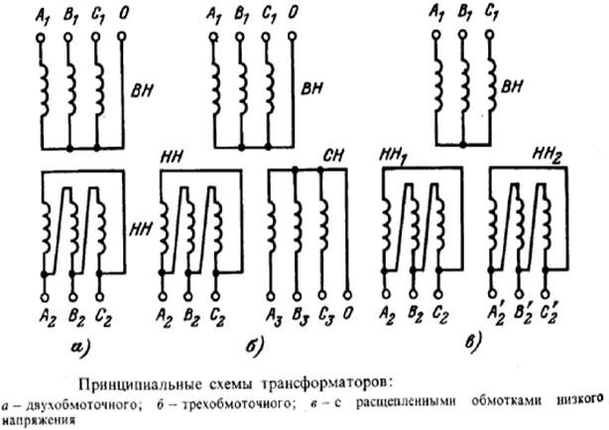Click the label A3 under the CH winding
(275, 317)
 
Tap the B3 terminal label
(301, 317)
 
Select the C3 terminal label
(325, 316)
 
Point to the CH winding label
(333, 156)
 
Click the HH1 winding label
(394, 157)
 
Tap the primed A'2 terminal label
(496, 315)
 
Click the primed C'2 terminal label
(549, 315)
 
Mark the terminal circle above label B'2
(519, 293)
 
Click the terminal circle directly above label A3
(271, 296)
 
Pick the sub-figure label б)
(254, 346)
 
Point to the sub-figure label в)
(474, 343)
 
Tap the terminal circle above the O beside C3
(347, 295)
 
